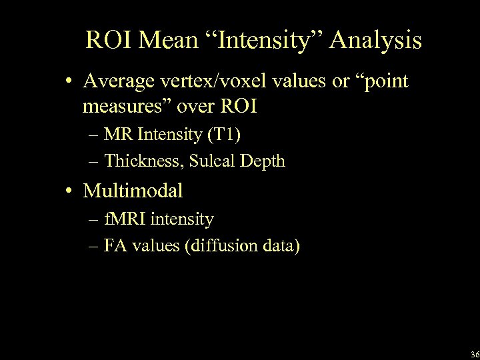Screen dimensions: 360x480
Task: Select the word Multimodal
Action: point(133,192)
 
